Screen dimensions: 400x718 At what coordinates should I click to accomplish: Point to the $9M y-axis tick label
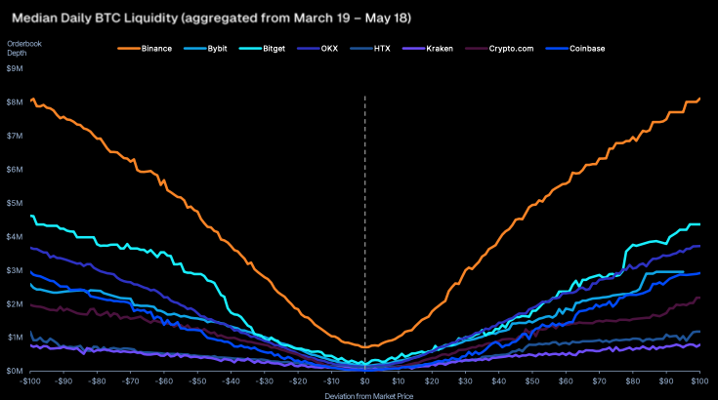[15, 68]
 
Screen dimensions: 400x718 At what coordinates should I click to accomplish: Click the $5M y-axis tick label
[15, 203]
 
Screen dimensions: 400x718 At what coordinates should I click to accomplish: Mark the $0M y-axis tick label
[15, 371]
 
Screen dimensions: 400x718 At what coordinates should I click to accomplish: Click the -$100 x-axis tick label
[31, 380]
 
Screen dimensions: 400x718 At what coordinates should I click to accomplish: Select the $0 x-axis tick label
[365, 380]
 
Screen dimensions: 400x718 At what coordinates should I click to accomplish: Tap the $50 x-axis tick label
[532, 380]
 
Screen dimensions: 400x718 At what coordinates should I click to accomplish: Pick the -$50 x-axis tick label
[198, 380]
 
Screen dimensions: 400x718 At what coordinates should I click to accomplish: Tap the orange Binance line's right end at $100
[699, 99]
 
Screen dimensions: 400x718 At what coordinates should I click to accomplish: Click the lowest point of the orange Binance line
[365, 346]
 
